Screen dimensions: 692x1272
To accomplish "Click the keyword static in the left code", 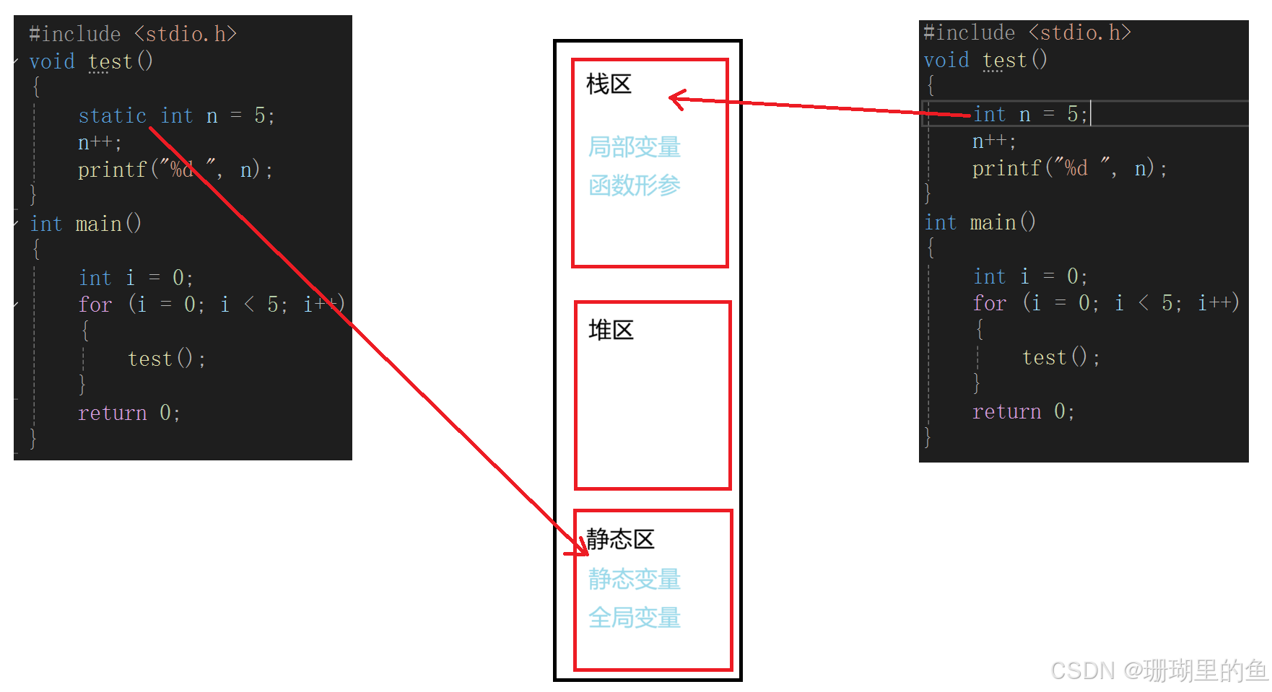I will point(112,115).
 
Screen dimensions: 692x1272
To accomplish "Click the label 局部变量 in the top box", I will point(635,147).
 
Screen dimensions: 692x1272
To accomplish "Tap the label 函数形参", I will point(635,185).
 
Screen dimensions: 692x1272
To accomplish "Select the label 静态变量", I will point(635,579).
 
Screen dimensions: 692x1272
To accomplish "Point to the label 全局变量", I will point(635,618).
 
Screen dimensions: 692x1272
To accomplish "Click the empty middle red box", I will point(653,395).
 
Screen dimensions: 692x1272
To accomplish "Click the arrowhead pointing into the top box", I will point(676,98).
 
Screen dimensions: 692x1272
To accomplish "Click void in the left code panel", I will point(52,61).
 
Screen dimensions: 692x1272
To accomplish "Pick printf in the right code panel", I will point(1006,168).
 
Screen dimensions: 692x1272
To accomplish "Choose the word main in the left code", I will point(98,224).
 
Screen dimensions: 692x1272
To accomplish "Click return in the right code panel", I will point(1006,411).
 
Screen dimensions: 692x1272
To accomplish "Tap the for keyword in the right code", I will point(989,303).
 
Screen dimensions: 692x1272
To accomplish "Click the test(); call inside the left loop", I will point(166,359).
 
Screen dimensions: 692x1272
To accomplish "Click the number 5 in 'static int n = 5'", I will point(260,115).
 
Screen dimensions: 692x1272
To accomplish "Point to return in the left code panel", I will point(112,413).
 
